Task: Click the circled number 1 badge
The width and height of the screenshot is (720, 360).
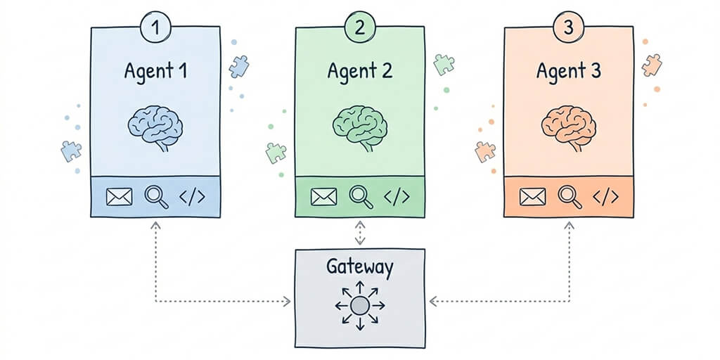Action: (x=155, y=28)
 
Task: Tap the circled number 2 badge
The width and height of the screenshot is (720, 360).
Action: (x=360, y=28)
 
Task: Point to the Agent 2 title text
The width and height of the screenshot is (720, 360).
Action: (x=359, y=71)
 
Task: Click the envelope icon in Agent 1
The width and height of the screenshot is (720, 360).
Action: (x=120, y=198)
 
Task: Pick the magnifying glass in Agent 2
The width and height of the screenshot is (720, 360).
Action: (x=361, y=197)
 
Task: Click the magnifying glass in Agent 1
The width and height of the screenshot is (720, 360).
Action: (x=156, y=197)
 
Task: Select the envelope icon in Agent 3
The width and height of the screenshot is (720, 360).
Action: (x=533, y=198)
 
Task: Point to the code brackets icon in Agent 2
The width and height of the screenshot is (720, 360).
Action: (x=398, y=197)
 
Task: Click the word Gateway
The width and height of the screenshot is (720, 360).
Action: (x=360, y=267)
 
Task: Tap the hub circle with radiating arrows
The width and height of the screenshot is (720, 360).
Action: (x=360, y=305)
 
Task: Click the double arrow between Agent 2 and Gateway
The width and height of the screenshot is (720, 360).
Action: (x=360, y=233)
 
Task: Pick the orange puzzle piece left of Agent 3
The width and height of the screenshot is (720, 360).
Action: (x=485, y=151)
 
